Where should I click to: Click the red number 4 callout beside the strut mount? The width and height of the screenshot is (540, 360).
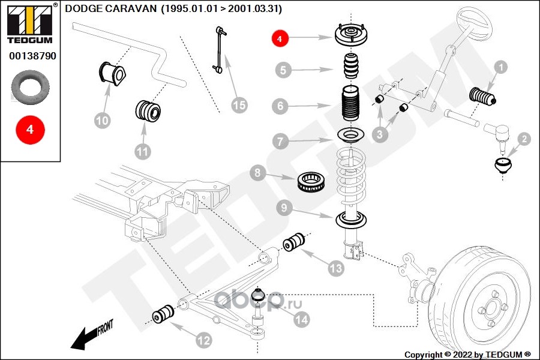tap(279, 38)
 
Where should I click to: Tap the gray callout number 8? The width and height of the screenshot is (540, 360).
tap(257, 172)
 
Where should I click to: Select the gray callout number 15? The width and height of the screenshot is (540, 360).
tap(239, 105)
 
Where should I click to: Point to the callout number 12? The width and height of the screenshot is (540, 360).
tap(203, 340)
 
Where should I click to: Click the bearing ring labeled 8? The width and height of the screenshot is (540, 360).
tap(311, 182)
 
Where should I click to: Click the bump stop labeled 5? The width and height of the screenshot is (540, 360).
tap(351, 65)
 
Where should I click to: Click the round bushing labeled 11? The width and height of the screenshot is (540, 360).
tap(148, 110)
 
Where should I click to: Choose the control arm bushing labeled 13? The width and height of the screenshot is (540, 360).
tap(294, 242)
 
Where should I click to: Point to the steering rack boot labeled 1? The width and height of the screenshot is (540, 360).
tap(483, 97)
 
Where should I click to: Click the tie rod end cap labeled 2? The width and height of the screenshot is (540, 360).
tap(503, 166)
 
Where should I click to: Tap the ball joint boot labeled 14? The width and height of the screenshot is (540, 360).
tap(258, 295)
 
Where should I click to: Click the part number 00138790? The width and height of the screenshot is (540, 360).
tap(33, 56)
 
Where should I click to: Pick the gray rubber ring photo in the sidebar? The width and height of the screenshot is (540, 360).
tap(31, 87)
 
